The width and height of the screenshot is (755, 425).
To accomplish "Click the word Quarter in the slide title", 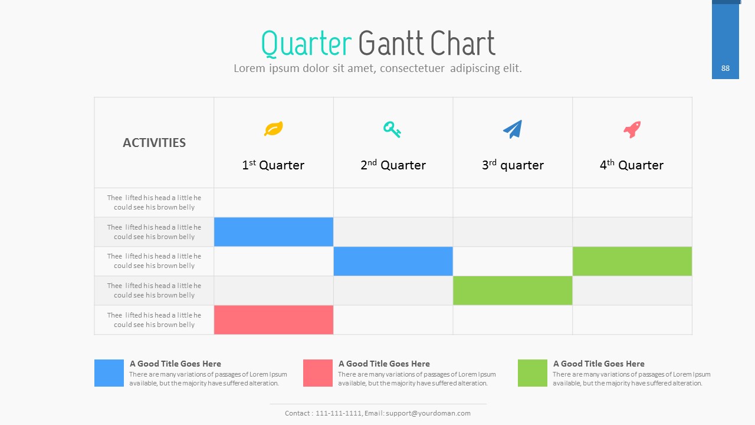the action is click(x=306, y=44).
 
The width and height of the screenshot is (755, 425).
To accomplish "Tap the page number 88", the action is click(x=726, y=68).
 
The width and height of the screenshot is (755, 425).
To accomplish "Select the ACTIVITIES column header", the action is click(x=154, y=143).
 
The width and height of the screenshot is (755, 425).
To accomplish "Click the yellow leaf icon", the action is click(x=273, y=129).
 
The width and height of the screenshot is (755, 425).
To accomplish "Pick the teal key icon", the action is click(x=392, y=129).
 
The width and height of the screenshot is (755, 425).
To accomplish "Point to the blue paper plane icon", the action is click(x=513, y=129).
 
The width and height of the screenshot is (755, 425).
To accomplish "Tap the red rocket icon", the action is click(x=632, y=129).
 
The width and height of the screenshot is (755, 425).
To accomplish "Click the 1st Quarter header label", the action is click(x=273, y=165).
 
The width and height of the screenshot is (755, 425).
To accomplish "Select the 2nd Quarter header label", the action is click(x=393, y=165).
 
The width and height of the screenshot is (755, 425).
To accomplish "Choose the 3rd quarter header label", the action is click(x=513, y=165).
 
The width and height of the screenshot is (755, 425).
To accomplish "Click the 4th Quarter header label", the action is click(x=632, y=165).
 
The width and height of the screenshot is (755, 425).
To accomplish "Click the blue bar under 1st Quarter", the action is click(x=274, y=232).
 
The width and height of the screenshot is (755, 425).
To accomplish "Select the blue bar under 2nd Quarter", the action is click(x=393, y=261).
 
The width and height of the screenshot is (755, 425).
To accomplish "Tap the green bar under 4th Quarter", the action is click(x=632, y=261).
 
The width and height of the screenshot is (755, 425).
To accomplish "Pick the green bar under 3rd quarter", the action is click(x=513, y=290).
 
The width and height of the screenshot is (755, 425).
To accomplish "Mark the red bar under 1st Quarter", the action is click(x=274, y=320).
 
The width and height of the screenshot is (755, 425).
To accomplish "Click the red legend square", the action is click(x=318, y=373).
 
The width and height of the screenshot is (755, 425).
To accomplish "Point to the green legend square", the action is click(x=533, y=373).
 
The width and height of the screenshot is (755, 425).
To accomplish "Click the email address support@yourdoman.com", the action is click(x=428, y=413).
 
